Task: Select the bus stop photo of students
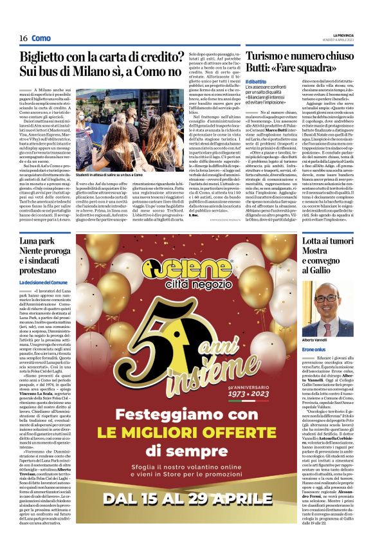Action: click(113, 134)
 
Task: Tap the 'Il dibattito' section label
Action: click(237, 81)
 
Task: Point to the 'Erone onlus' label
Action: click(314, 348)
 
